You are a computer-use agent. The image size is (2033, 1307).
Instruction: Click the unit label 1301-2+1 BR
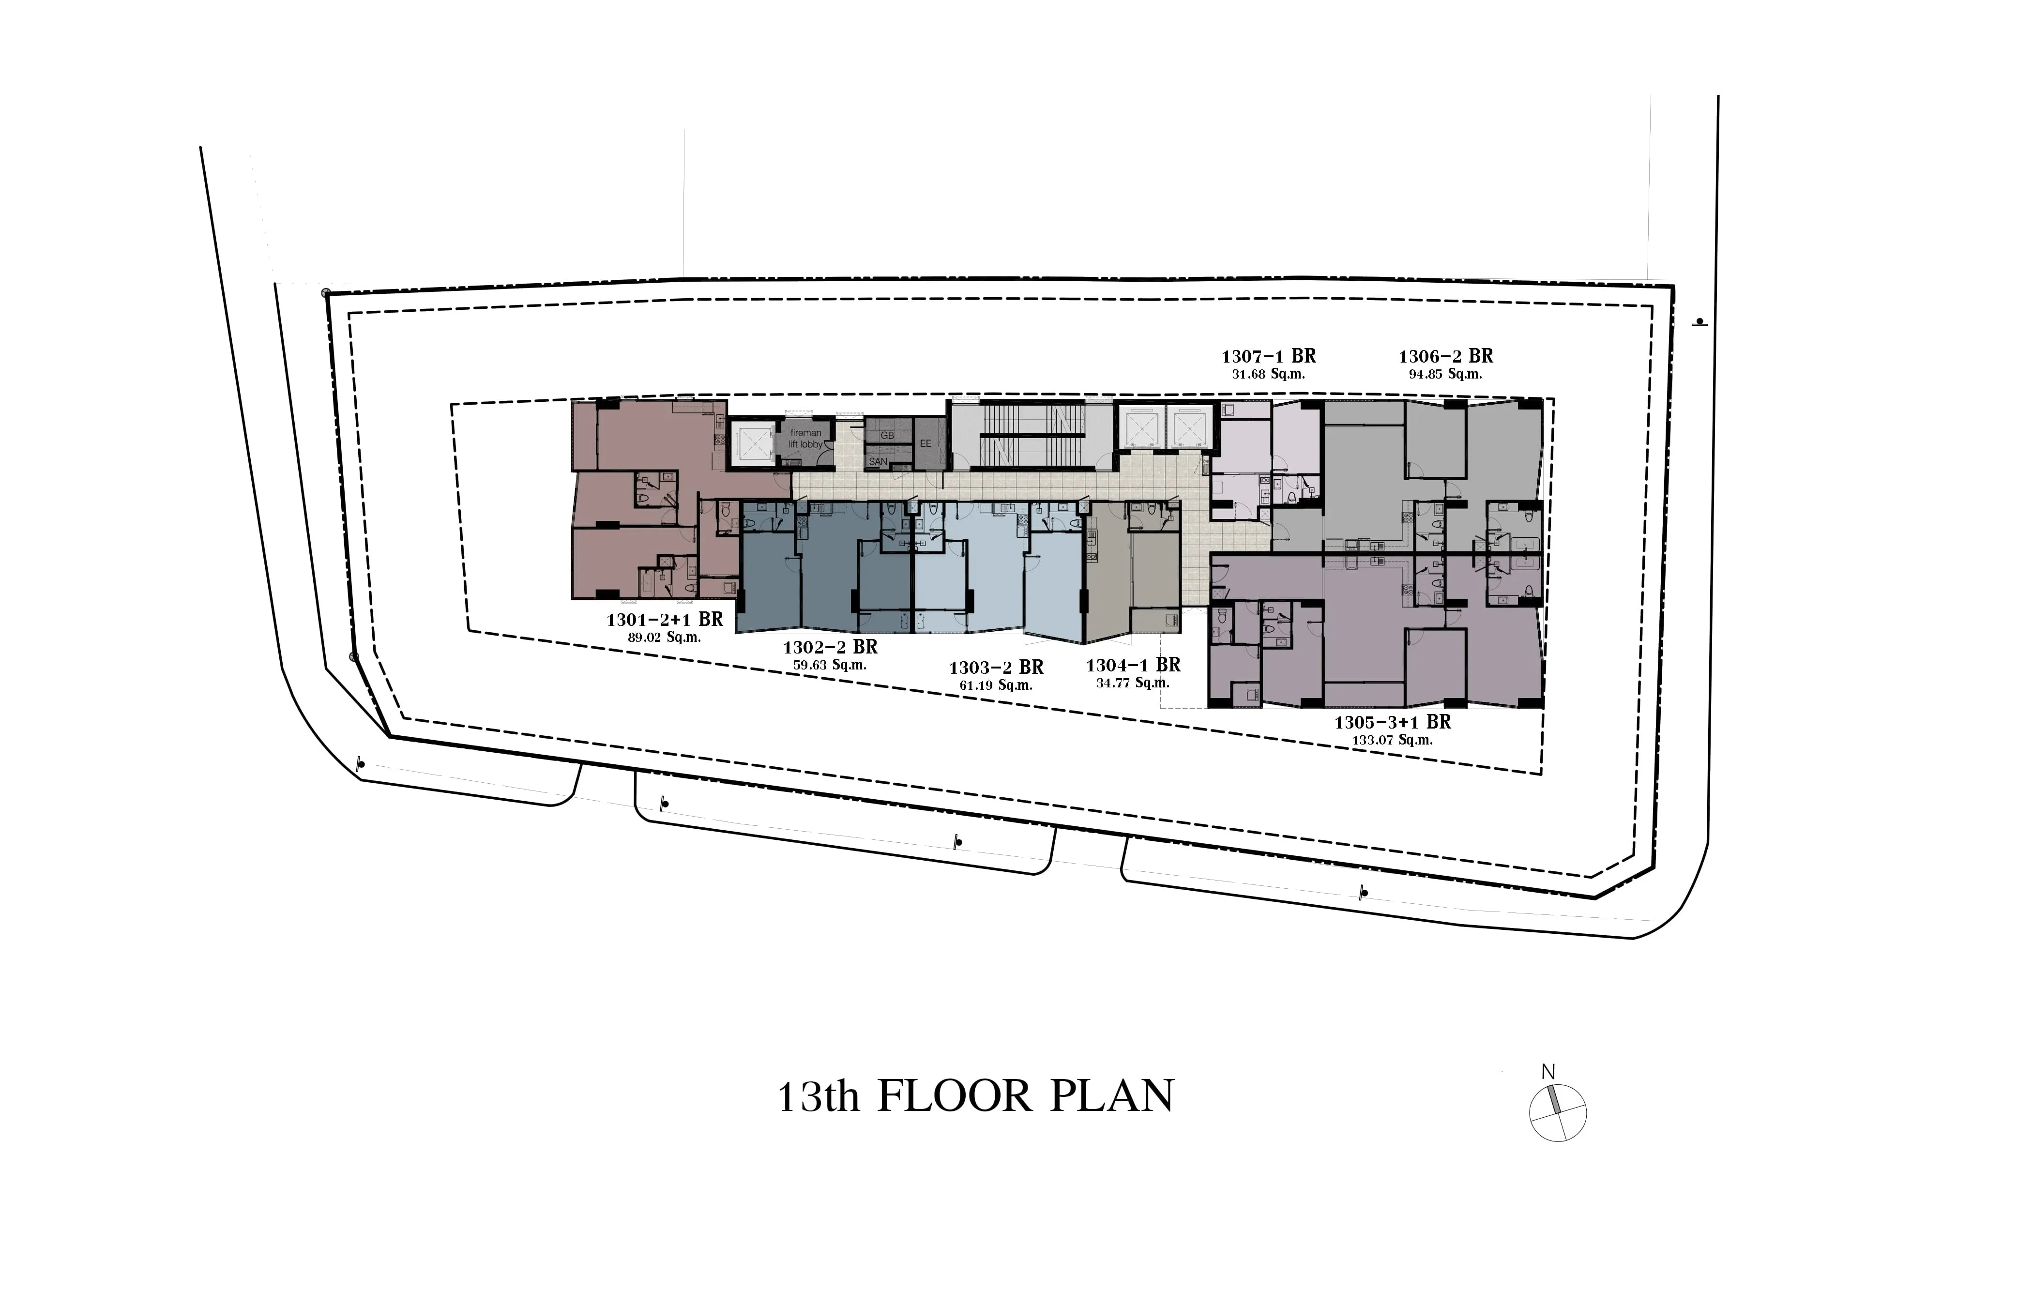pos(665,620)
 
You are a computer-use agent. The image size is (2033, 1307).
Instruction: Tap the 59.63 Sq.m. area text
pos(830,666)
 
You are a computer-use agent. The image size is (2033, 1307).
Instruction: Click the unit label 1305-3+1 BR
pos(1393,722)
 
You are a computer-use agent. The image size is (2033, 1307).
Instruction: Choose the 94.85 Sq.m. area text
pos(1445,374)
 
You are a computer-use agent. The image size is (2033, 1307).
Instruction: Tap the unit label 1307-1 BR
pos(1269,356)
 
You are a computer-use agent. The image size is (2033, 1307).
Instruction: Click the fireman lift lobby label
pos(805,439)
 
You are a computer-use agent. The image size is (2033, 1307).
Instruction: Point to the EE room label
pos(925,443)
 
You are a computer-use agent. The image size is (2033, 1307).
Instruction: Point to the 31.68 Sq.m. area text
pos(1269,374)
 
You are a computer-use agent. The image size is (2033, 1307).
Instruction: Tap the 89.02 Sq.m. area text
pos(665,638)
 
